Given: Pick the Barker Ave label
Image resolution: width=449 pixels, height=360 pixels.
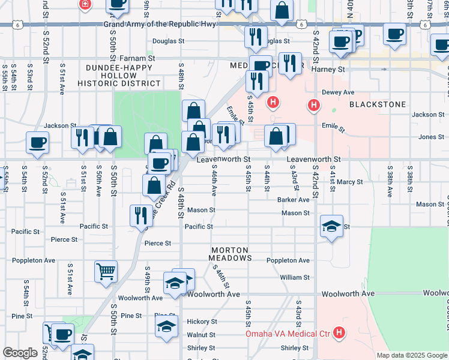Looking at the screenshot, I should [293, 199].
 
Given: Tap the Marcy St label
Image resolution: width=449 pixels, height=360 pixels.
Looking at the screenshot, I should [349, 182].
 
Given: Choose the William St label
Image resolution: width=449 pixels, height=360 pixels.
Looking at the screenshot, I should [294, 277].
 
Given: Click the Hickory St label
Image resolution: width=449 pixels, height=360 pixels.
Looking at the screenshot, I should [200, 322].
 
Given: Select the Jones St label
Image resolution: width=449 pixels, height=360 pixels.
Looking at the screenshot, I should [431, 137].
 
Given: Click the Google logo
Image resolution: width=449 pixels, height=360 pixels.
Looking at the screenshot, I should [20, 353].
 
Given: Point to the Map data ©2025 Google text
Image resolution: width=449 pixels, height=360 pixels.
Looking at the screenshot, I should [411, 355].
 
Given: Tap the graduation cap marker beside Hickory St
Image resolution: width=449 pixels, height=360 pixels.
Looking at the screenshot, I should [167, 326].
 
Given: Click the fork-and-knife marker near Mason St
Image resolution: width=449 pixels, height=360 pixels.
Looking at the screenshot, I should [141, 215].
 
